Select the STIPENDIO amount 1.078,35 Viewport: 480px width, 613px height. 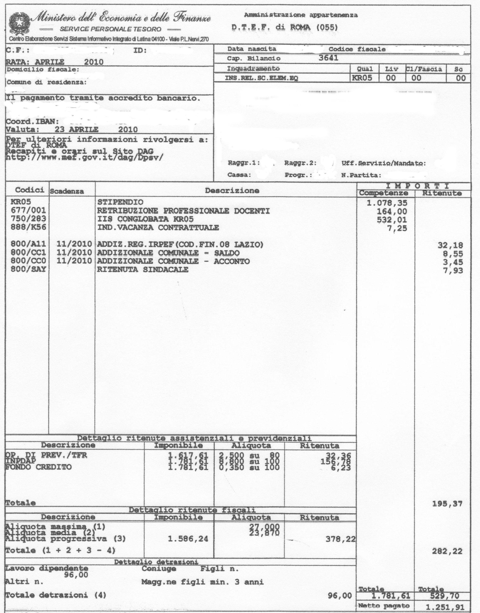tap(387, 203)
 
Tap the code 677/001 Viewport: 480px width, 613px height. tap(28, 210)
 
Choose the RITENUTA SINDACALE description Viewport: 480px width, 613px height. tap(143, 270)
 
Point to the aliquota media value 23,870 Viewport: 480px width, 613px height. tap(264, 533)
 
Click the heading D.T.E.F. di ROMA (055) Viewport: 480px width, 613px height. tap(284, 27)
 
